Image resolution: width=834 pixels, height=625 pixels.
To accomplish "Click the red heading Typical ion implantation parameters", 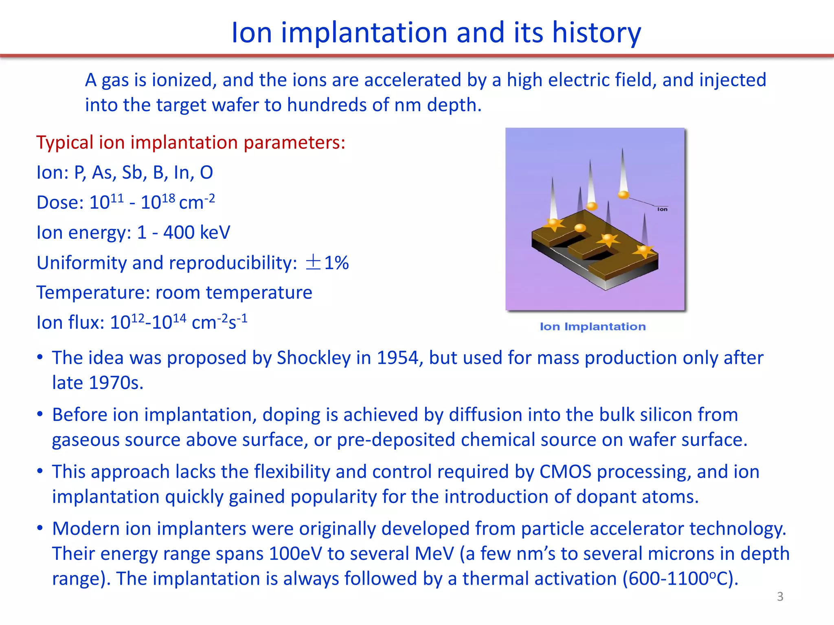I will tap(191, 143).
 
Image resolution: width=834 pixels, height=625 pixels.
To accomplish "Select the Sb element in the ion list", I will tap(132, 173).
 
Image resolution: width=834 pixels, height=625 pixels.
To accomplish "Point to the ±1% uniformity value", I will tap(327, 263).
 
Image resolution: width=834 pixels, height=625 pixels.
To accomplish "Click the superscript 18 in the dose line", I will tap(168, 198).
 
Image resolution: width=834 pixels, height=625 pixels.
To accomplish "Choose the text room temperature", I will tap(234, 293).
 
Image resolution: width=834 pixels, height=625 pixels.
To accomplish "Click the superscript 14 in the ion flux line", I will tap(179, 317).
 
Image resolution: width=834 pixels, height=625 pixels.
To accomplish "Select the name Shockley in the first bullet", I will tap(314, 358).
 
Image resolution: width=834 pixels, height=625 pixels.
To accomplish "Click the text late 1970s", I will tap(98, 383).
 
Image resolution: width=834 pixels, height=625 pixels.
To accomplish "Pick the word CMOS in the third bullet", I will tap(565, 472).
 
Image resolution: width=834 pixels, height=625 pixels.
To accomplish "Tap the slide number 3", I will tap(780, 597).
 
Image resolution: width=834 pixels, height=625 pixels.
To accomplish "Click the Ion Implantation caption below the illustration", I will tap(593, 327).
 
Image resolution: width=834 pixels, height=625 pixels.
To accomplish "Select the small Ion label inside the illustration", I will tap(662, 209).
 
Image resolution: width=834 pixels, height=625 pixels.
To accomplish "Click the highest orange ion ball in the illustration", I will tap(623, 195).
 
